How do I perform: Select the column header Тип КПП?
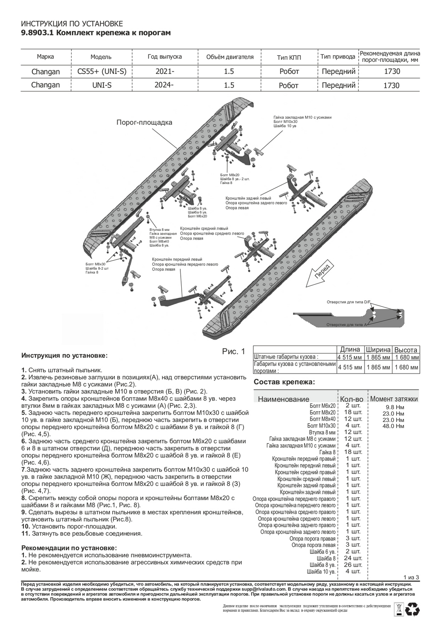289,57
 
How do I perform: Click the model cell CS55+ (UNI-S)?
102,71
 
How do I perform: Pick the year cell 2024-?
165,85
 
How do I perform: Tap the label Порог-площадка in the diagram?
144,123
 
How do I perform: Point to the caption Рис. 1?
234,352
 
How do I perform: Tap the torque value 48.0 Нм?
394,426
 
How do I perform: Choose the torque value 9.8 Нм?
394,407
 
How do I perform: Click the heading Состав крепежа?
283,382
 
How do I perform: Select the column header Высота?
406,350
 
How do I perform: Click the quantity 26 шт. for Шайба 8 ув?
354,565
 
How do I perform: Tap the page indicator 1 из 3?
411,577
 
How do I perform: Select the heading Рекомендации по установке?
69,548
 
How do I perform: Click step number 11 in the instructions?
25,533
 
